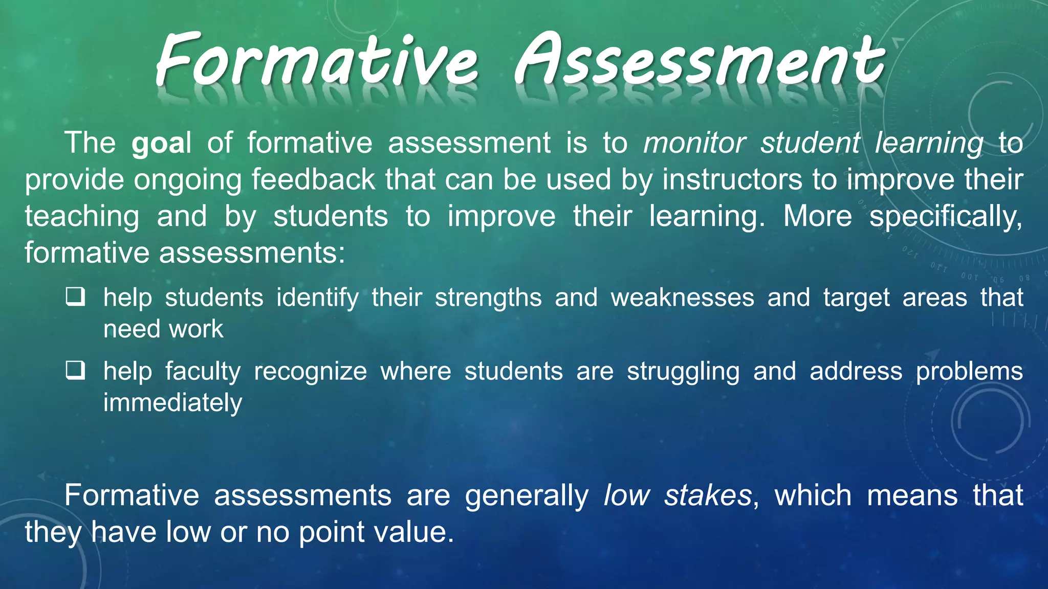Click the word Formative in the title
(317, 60)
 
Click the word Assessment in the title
(699, 60)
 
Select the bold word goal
(161, 143)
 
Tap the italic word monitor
(694, 143)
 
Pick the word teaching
(82, 217)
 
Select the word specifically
(946, 217)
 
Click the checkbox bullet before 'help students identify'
(75, 297)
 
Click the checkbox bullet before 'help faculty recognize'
(75, 370)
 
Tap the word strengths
(488, 298)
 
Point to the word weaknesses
(682, 298)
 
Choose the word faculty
(203, 372)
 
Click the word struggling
(683, 372)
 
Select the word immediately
(172, 403)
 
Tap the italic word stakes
(708, 495)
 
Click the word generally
(527, 496)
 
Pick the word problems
(969, 372)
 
